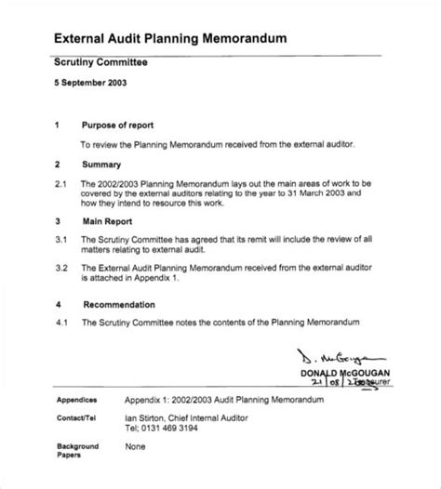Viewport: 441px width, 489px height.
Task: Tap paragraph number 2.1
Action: point(60,184)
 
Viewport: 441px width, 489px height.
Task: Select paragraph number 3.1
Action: point(60,240)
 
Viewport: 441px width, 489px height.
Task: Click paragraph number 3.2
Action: point(60,268)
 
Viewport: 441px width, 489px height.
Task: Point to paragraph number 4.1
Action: point(60,323)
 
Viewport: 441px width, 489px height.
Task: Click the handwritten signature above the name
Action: point(357,355)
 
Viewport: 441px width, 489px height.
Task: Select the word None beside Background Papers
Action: point(137,446)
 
